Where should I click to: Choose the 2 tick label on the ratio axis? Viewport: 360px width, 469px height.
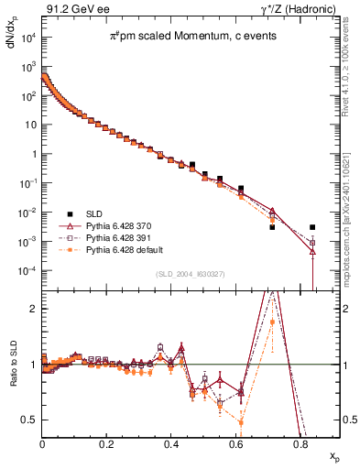(35, 309)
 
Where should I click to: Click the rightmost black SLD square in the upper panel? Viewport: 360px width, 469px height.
(312, 227)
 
